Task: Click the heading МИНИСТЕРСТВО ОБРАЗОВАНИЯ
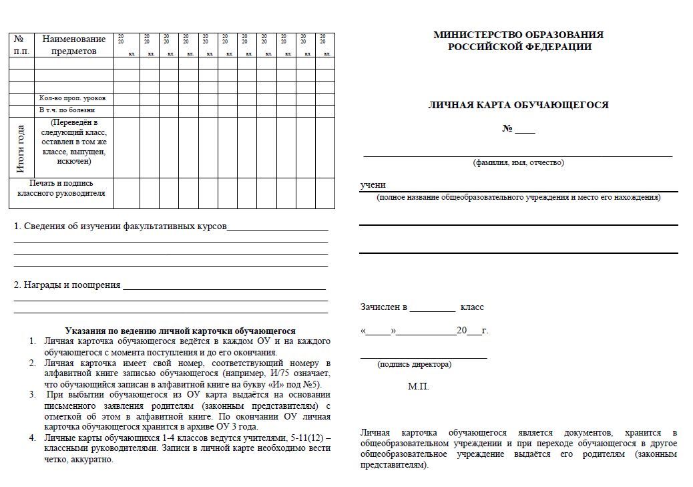click(518, 35)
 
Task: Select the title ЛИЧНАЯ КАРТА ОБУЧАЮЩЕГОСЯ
click(518, 105)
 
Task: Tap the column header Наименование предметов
click(74, 45)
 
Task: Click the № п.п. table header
click(21, 45)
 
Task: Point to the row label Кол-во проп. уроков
click(72, 98)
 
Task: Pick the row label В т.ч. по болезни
click(67, 110)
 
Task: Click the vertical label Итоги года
click(21, 148)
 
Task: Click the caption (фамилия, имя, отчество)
click(518, 162)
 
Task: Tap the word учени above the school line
click(373, 185)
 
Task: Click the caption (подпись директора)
click(414, 364)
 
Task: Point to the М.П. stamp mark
click(419, 387)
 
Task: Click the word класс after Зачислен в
click(472, 307)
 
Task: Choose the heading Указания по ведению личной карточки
click(180, 331)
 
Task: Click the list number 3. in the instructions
click(32, 394)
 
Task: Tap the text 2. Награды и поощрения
click(67, 285)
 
